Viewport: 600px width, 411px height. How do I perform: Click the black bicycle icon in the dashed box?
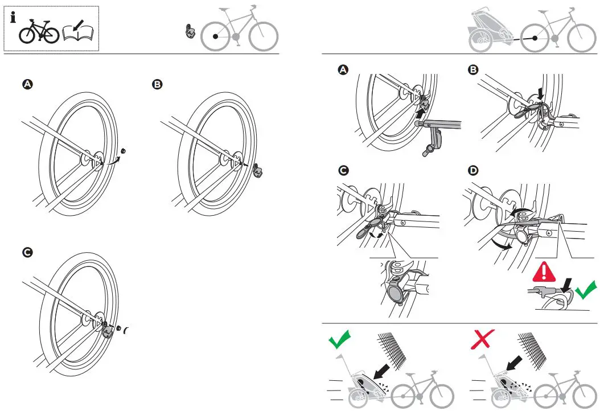click(x=39, y=32)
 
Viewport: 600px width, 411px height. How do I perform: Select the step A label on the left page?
click(x=27, y=84)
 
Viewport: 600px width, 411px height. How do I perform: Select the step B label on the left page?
click(x=157, y=84)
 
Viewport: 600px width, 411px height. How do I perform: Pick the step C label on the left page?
click(x=27, y=252)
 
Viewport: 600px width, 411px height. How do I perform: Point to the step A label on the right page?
click(x=343, y=69)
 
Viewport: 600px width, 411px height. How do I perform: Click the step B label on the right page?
click(x=472, y=69)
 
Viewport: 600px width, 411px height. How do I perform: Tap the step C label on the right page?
click(x=343, y=171)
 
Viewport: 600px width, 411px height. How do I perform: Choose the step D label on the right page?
click(x=472, y=171)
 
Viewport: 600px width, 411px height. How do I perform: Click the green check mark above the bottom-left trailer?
click(x=340, y=340)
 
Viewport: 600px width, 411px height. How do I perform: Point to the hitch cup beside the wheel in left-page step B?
click(x=259, y=169)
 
